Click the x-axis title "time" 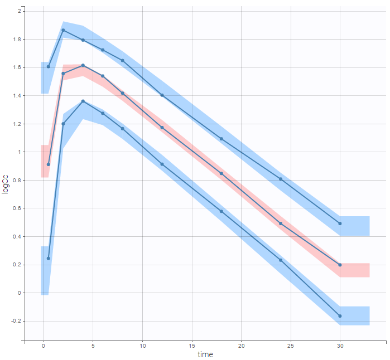tap(205, 354)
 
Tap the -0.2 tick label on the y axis tap(16, 321)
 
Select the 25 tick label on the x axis tap(290, 346)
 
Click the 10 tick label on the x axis tap(142, 346)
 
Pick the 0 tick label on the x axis tap(44, 346)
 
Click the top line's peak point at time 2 tap(63, 30)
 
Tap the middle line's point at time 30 tap(340, 265)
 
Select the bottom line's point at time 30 tap(340, 316)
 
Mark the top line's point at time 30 tap(340, 223)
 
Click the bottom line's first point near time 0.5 tap(49, 259)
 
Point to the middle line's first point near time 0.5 tap(49, 164)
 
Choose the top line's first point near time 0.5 tap(49, 66)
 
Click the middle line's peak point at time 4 tap(83, 65)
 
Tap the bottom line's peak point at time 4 tap(83, 101)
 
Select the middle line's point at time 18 tap(222, 173)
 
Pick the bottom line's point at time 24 tap(281, 260)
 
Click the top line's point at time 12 tap(162, 95)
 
